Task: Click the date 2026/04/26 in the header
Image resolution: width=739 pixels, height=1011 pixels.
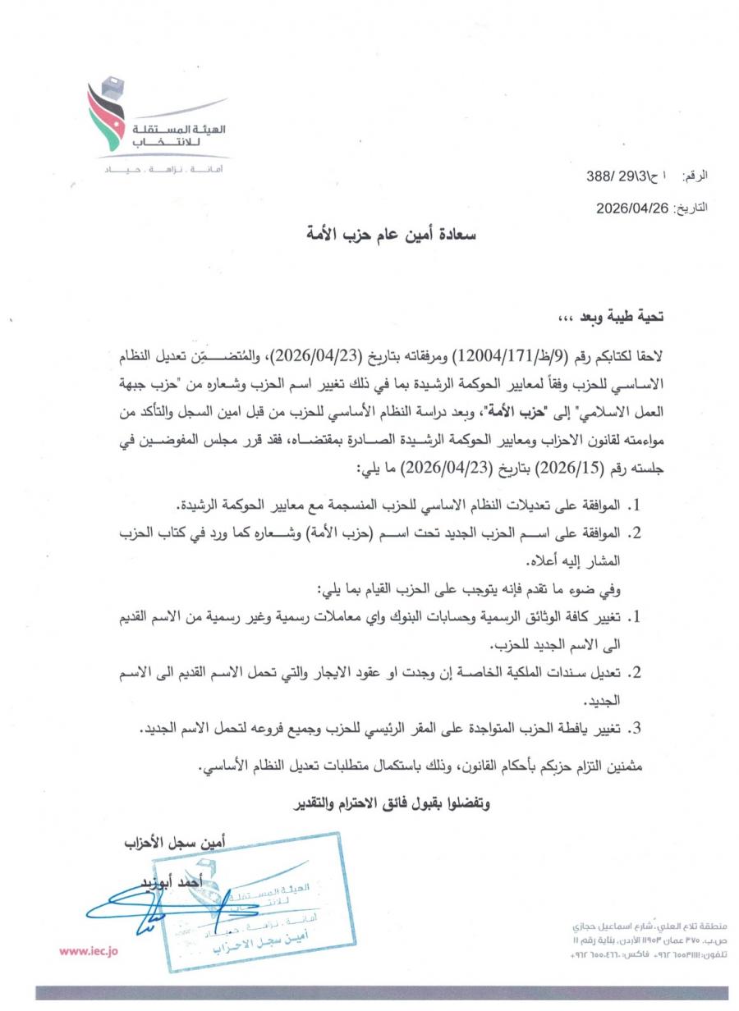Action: pyautogui.click(x=635, y=208)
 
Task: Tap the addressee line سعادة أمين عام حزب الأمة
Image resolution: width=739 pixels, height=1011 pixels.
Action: pyautogui.click(x=389, y=235)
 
